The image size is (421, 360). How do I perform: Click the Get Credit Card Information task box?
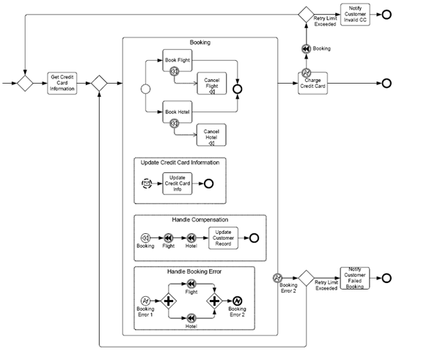click(62, 84)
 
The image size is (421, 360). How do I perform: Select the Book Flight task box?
click(177, 60)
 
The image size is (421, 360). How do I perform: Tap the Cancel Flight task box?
click(211, 84)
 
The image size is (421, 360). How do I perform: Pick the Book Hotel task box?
click(177, 112)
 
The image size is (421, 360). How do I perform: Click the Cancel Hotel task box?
click(211, 135)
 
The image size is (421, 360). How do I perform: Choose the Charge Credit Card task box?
click(312, 84)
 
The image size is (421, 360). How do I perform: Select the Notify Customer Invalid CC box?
click(355, 15)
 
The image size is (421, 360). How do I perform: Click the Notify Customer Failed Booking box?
click(355, 278)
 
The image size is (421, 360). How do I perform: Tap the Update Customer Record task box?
click(223, 238)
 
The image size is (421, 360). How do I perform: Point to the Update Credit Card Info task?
click(177, 183)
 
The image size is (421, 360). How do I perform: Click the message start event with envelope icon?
click(147, 183)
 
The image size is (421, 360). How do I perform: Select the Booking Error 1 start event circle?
click(145, 301)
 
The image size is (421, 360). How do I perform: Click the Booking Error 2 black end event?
click(237, 301)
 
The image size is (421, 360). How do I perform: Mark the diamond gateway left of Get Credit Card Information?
click(25, 84)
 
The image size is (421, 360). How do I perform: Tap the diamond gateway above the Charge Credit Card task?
click(306, 15)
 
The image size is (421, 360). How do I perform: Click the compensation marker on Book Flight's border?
click(175, 71)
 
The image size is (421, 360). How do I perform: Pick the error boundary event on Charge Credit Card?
click(306, 73)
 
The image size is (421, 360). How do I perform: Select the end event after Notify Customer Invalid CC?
click(387, 15)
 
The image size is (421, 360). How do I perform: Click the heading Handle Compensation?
click(200, 220)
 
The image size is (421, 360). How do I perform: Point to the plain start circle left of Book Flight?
click(145, 89)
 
